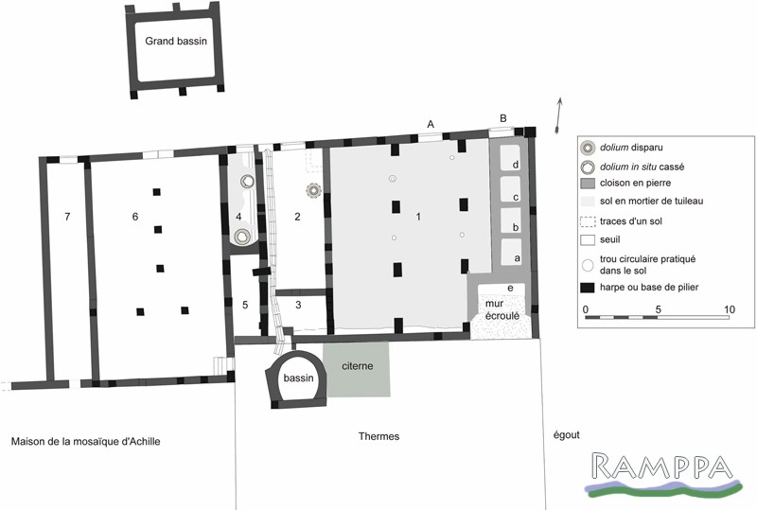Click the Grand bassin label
176,41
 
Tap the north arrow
559,114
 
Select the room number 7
67,217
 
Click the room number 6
135,217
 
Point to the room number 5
245,305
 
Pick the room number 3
298,305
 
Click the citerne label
358,366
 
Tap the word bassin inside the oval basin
298,378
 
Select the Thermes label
379,436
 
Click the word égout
566,435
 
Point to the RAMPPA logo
662,474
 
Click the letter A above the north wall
431,125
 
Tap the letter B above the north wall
503,118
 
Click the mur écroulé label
500,309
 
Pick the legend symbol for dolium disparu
587,148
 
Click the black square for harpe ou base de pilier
587,288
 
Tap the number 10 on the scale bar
729,309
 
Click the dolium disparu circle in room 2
314,191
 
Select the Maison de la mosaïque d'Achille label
86,442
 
